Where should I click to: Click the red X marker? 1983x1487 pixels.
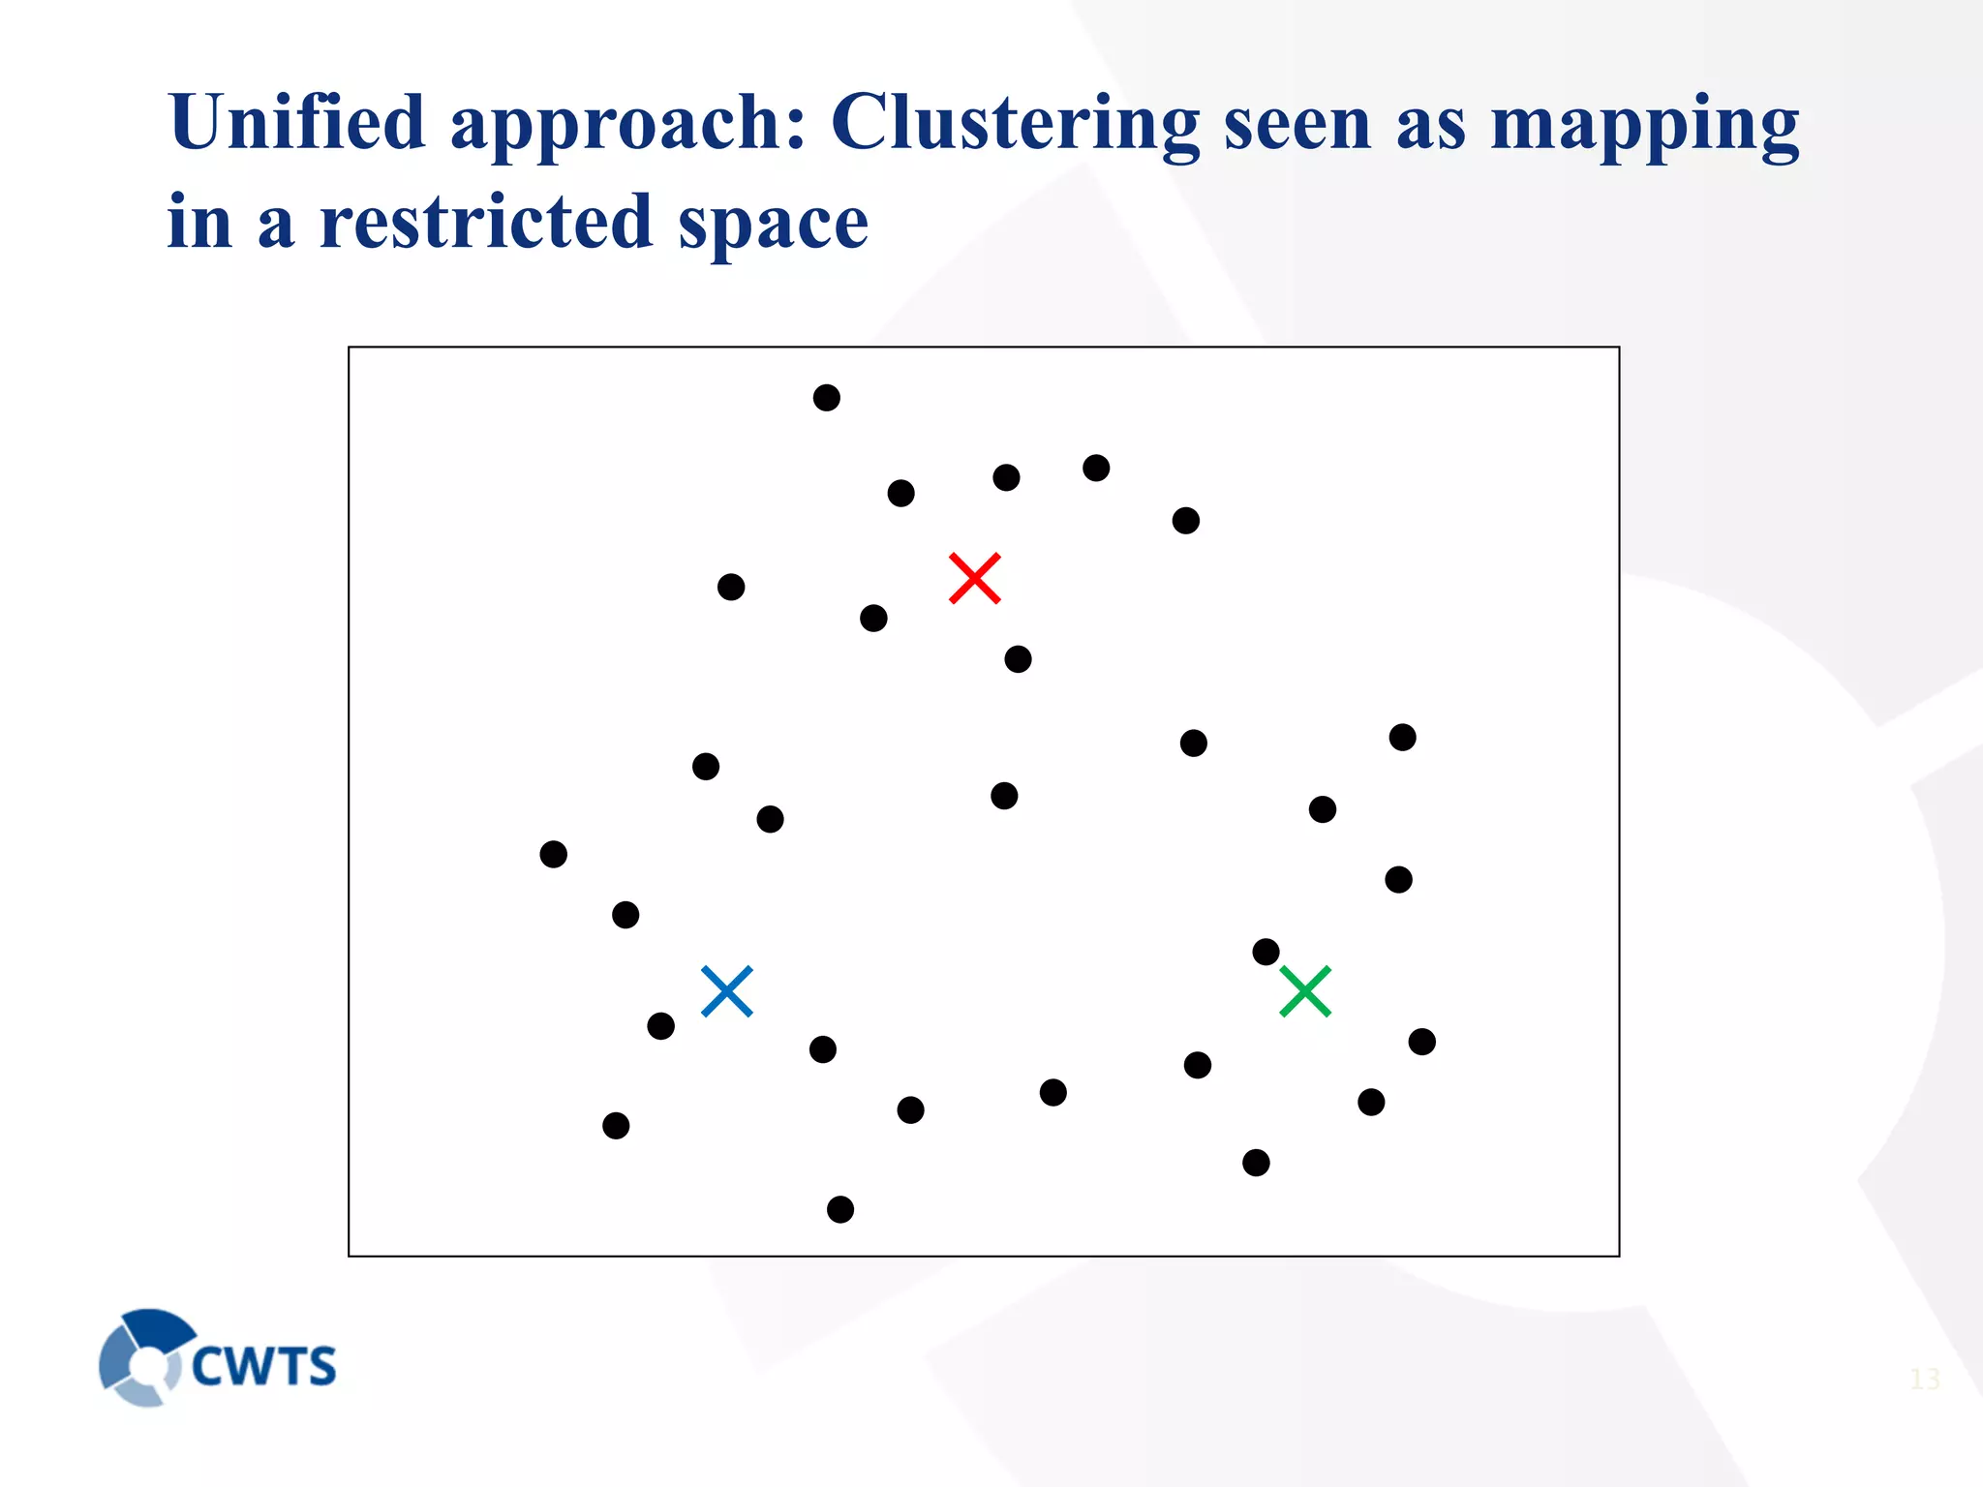[974, 578]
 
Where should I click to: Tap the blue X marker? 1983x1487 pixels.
[726, 991]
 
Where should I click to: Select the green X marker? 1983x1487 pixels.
[1305, 991]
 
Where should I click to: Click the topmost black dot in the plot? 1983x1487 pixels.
[826, 398]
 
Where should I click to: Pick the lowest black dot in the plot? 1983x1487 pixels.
[840, 1209]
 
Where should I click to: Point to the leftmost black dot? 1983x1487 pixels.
[553, 854]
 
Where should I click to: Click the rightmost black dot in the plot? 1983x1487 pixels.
[1421, 1042]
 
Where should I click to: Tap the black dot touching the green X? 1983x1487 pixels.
[1266, 952]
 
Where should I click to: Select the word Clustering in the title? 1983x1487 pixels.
[1015, 124]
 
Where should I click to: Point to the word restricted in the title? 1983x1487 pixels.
[486, 222]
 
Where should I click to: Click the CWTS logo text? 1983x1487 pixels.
[263, 1366]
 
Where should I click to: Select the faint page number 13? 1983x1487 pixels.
[1924, 1379]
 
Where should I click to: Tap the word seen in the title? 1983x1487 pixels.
[1297, 124]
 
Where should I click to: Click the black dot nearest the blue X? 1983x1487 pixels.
[660, 1026]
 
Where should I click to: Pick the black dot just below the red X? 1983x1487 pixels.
[1018, 659]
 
